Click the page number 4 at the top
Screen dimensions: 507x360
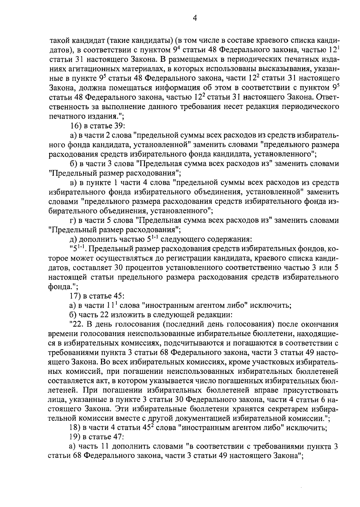pyautogui.click(x=194, y=18)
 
